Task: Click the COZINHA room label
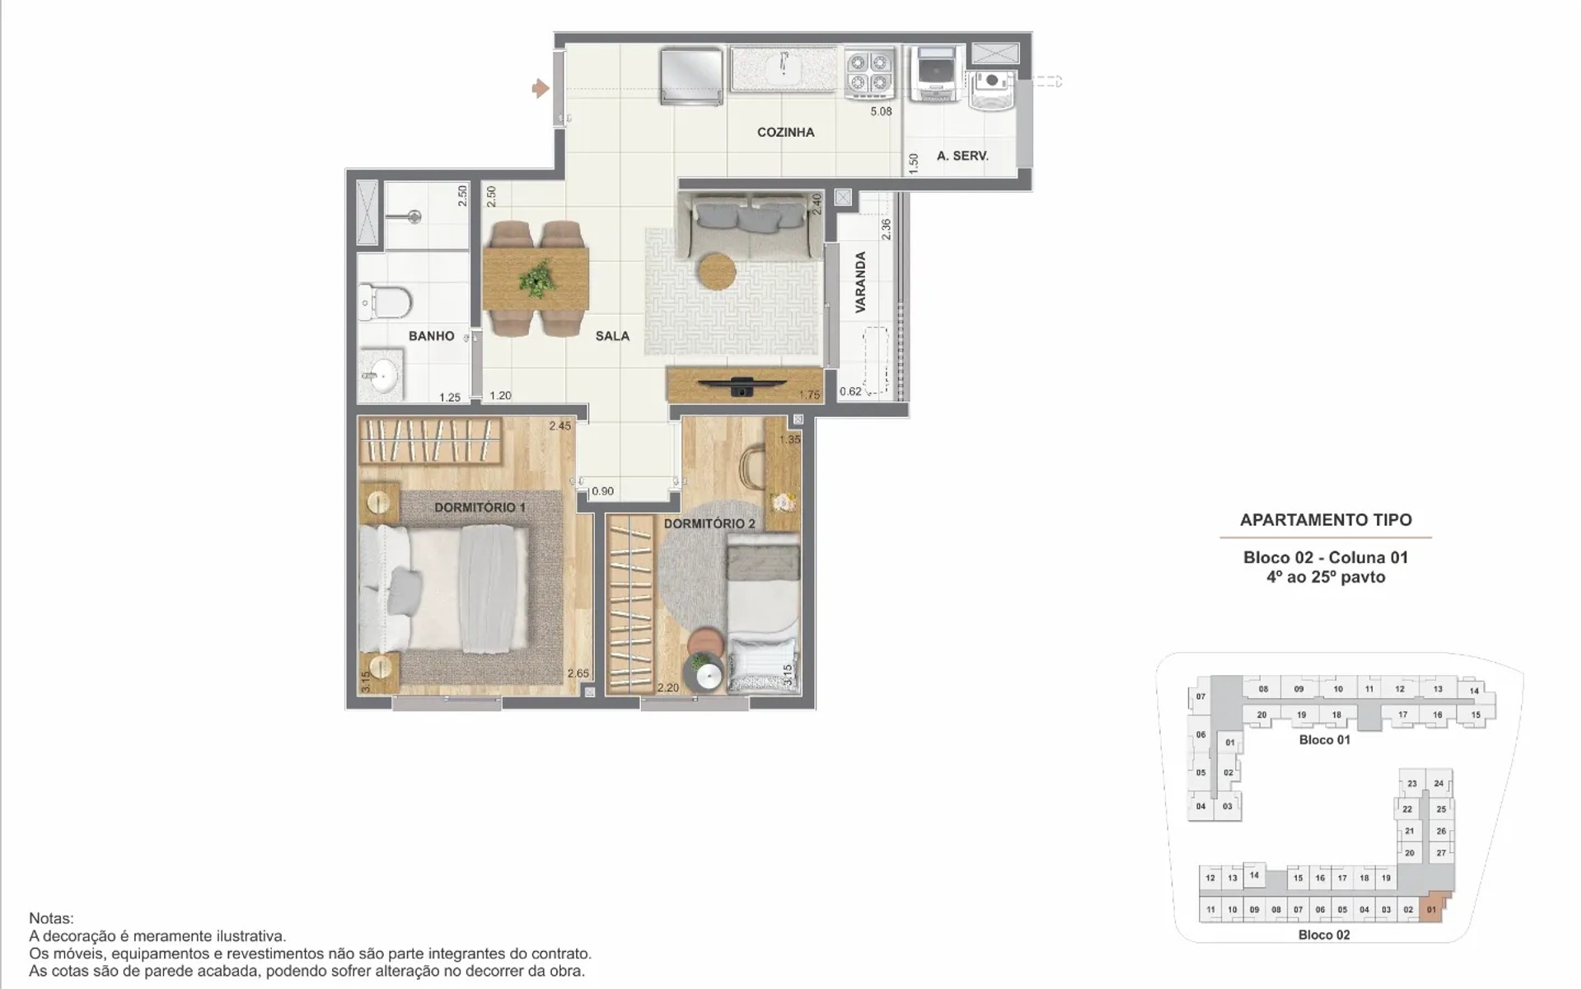(785, 132)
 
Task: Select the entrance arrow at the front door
(541, 87)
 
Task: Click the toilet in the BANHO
(385, 302)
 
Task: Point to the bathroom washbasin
(381, 377)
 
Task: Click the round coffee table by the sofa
(717, 270)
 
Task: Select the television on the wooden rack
(742, 384)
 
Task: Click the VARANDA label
(860, 282)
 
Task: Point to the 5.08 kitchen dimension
(881, 111)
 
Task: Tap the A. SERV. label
(962, 155)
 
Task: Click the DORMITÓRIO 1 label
(480, 507)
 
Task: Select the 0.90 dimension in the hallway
(602, 491)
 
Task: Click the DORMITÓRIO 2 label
(709, 523)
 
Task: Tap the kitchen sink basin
(784, 68)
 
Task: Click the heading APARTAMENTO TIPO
(1326, 520)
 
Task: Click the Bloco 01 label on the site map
(1324, 740)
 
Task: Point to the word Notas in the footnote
(51, 918)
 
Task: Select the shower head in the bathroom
(414, 217)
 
